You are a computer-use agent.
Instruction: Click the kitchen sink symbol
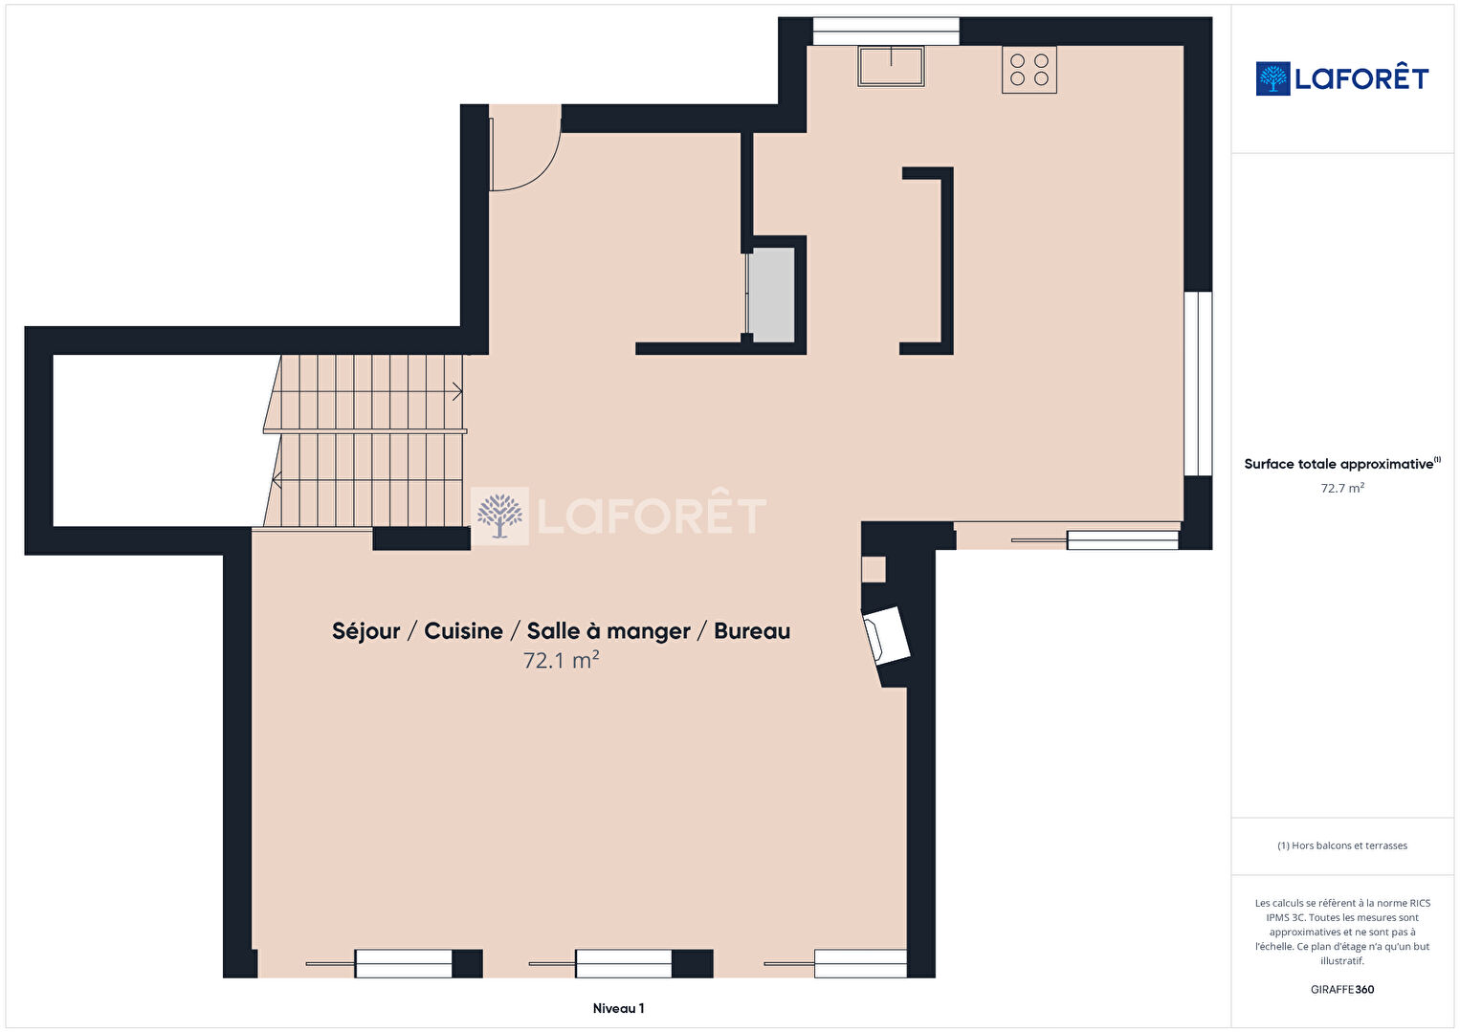tap(891, 66)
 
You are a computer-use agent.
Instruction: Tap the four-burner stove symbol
tap(1029, 70)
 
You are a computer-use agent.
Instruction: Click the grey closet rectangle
tap(770, 296)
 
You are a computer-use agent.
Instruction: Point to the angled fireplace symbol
tap(886, 635)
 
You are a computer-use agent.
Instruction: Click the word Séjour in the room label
tap(365, 630)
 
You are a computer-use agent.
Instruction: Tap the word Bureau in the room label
tap(752, 630)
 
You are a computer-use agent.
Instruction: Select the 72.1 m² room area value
tap(562, 661)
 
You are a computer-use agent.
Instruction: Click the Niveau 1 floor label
tap(619, 1008)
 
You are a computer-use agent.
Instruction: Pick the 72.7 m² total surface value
tap(1342, 488)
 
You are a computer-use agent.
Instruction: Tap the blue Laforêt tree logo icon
tap(1272, 78)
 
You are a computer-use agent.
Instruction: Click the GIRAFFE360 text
tap(1342, 989)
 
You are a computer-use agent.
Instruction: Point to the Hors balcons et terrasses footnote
tap(1342, 845)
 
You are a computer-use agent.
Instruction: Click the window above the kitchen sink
tap(886, 32)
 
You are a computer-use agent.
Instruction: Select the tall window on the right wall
tap(1198, 384)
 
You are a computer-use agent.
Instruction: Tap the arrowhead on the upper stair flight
tap(458, 391)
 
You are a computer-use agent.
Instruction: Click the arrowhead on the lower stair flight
tap(277, 480)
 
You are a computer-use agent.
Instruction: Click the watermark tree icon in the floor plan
tap(500, 516)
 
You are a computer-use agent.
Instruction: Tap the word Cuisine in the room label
tap(463, 630)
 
